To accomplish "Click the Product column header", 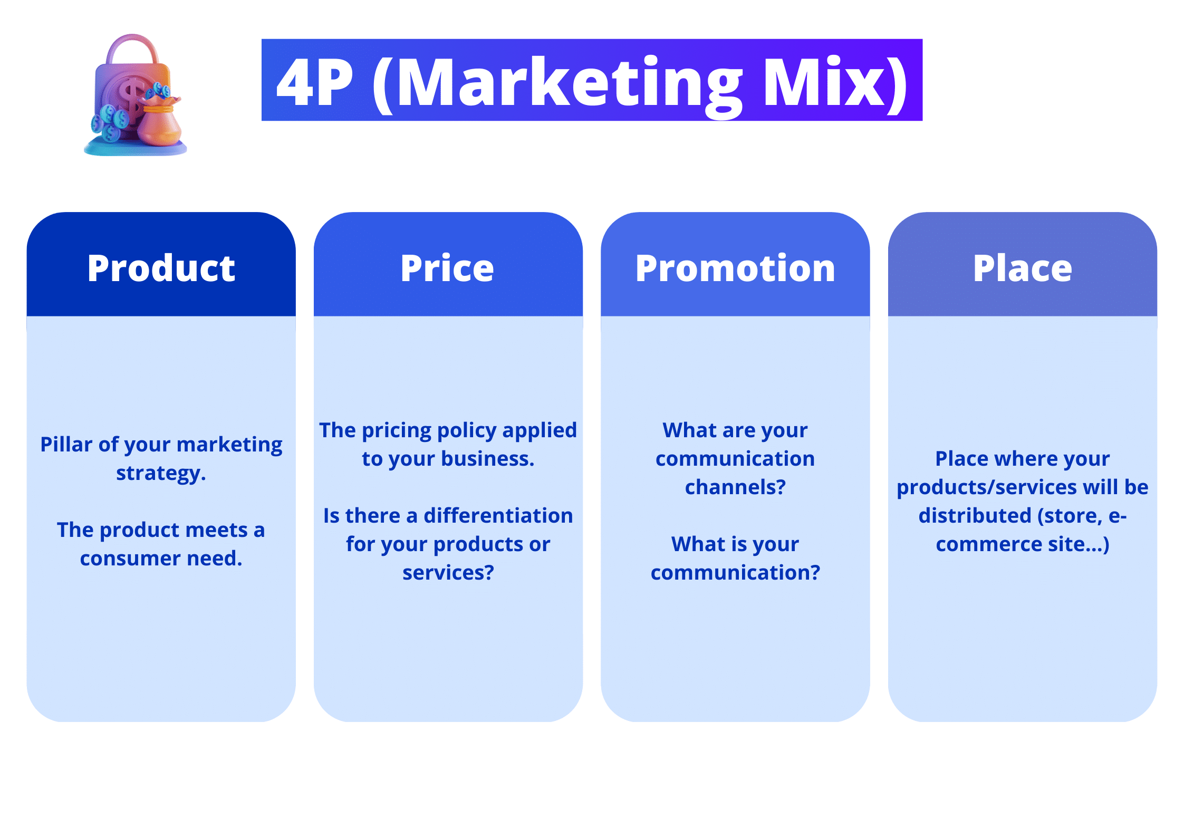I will [161, 268].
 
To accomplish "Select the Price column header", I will [447, 268].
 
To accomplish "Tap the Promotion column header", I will [735, 268].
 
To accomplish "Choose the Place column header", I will [1022, 268].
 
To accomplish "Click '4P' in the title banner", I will [315, 83].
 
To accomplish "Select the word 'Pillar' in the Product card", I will [66, 445].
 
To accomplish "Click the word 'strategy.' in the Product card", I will [161, 473].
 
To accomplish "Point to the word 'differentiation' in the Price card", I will [498, 516].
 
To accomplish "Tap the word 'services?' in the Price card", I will [448, 573].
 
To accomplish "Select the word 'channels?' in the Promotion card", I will [735, 487].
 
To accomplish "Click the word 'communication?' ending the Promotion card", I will [735, 573].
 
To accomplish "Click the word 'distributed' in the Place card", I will [975, 516].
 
